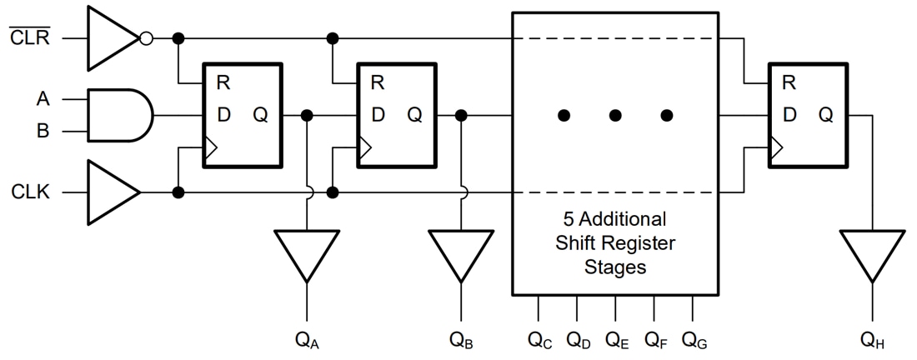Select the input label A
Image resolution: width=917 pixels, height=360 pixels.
tap(43, 99)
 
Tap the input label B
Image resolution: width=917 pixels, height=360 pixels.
tap(43, 131)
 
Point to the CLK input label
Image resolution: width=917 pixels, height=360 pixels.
tap(31, 193)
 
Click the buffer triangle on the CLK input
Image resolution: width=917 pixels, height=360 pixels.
tap(110, 193)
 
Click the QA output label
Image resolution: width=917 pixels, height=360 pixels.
tap(307, 340)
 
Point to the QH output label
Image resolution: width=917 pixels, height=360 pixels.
tap(872, 340)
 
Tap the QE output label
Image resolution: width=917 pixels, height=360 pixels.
tap(617, 340)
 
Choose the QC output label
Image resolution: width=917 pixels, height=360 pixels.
tap(539, 340)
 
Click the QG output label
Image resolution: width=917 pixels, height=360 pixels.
tap(694, 340)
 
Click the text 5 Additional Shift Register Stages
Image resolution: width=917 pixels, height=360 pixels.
tap(615, 244)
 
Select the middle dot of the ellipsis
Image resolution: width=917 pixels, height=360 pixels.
tap(615, 116)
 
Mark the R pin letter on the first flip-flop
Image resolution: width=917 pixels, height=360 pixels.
tap(223, 83)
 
